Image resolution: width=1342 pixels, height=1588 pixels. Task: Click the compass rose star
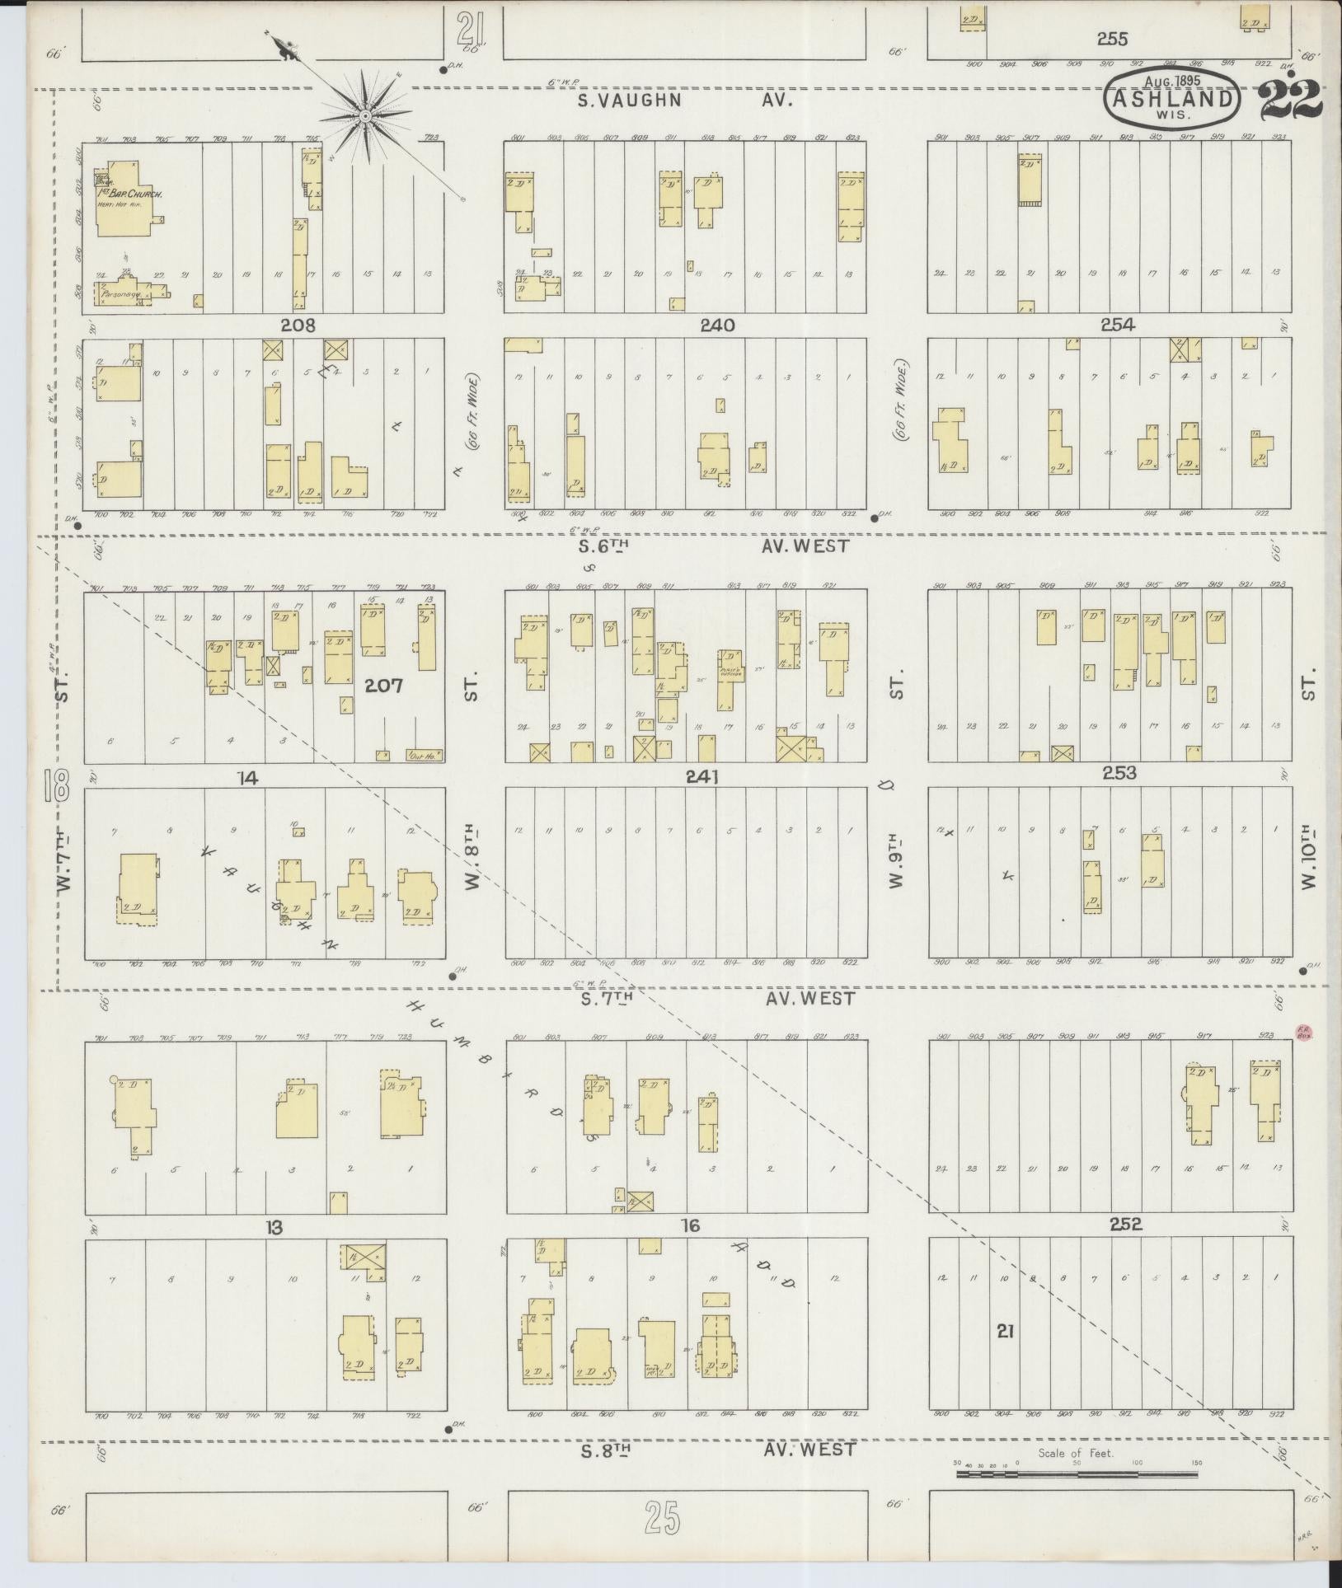pyautogui.click(x=365, y=117)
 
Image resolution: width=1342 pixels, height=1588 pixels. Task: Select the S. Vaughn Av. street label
pyautogui.click(x=684, y=101)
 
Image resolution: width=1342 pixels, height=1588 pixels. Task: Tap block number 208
pyautogui.click(x=298, y=326)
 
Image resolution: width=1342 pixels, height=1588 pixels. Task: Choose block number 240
pyautogui.click(x=717, y=326)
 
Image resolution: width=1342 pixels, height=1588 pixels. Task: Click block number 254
pyautogui.click(x=1117, y=326)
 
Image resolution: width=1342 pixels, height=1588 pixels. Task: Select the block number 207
pyautogui.click(x=383, y=684)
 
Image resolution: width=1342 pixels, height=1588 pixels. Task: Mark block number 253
pyautogui.click(x=1119, y=773)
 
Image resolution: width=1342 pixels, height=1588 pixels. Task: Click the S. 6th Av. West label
pyautogui.click(x=713, y=546)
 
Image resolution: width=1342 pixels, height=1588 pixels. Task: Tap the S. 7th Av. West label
pyautogui.click(x=716, y=999)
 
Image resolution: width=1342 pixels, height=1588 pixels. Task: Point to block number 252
pyautogui.click(x=1125, y=1225)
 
